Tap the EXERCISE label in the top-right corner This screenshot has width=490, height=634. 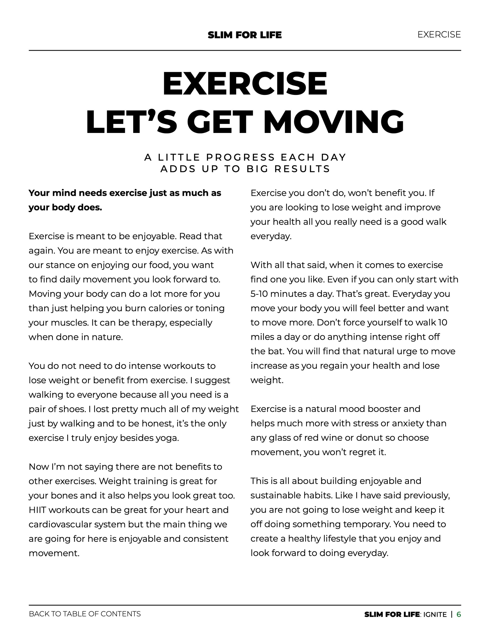[439, 35]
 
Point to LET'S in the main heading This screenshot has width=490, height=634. [131, 122]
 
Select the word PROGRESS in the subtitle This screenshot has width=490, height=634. [240, 157]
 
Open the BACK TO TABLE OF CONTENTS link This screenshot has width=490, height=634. [85, 614]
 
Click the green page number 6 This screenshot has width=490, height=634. [459, 614]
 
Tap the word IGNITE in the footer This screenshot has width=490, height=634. [435, 615]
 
